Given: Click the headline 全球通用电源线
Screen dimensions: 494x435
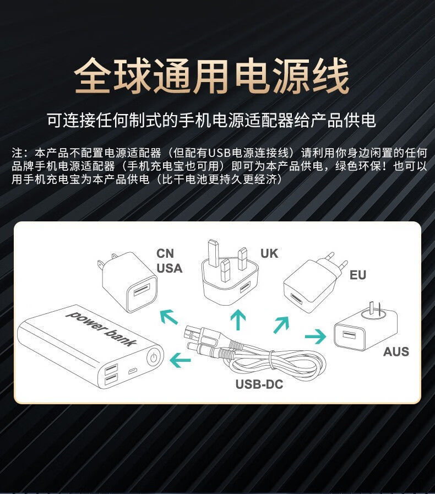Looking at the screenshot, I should click(212, 77).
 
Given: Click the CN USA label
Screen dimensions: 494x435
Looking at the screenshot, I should click(169, 261).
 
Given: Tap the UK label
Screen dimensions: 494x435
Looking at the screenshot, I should click(269, 253).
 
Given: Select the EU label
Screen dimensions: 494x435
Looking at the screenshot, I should click(358, 275).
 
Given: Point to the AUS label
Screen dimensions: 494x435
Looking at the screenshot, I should click(396, 351).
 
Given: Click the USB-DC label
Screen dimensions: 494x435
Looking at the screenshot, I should click(259, 384).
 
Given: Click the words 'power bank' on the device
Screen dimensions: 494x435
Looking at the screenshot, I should click(101, 328).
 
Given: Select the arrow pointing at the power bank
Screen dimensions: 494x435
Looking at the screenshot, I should click(180, 361).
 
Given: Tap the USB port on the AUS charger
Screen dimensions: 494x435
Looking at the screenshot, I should click(348, 334).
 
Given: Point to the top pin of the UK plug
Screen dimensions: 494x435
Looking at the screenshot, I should click(214, 249).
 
